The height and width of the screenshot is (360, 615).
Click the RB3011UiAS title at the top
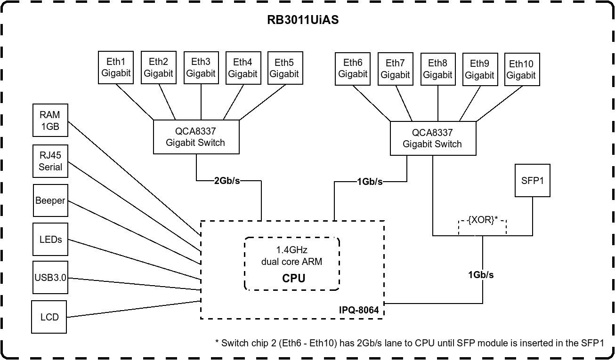click(x=303, y=20)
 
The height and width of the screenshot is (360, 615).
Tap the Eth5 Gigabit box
click(x=284, y=68)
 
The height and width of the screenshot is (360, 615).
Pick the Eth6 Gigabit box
click(x=353, y=69)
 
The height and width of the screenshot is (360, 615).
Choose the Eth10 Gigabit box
click(x=522, y=69)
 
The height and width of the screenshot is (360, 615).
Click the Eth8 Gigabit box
click(x=437, y=69)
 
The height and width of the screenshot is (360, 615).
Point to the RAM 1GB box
click(x=50, y=120)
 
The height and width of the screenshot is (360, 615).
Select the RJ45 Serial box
click(x=50, y=161)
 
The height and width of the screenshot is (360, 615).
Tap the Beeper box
click(x=50, y=200)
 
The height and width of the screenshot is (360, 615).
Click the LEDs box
click(x=50, y=240)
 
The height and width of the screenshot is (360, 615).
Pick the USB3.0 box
click(x=50, y=278)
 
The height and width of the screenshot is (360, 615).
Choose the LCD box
click(x=49, y=317)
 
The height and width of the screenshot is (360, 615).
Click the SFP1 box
click(x=533, y=180)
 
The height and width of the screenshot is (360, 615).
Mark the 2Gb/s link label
click(x=227, y=181)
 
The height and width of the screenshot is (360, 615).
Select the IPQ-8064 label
click(x=359, y=310)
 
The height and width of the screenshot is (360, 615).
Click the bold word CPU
click(x=294, y=278)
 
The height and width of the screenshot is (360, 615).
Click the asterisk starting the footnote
click(x=217, y=343)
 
